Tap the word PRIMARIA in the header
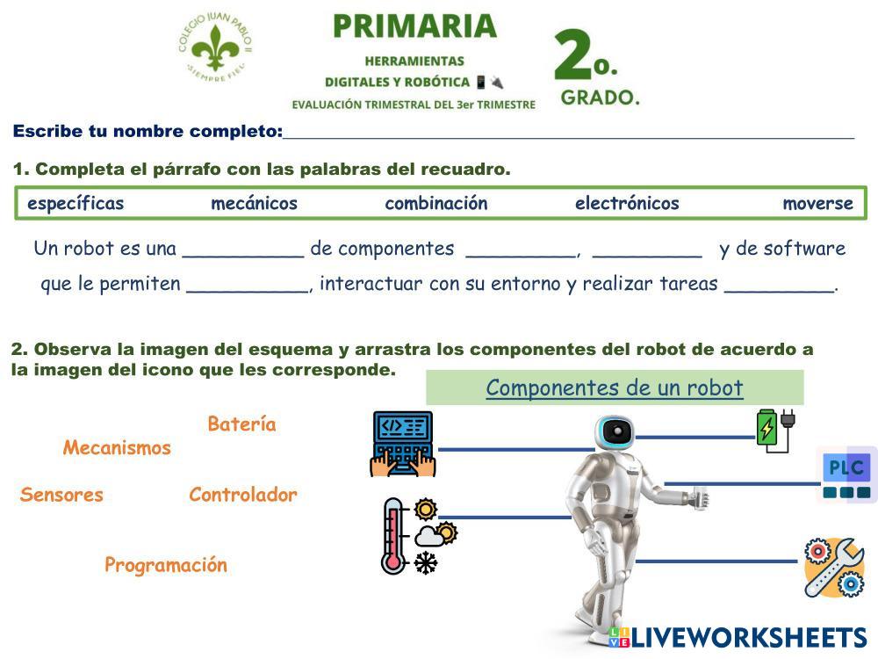tap(414, 26)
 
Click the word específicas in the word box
tap(76, 204)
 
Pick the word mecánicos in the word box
tap(254, 204)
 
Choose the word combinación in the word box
tap(435, 204)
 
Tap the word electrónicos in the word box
tap(627, 204)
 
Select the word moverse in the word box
tap(817, 204)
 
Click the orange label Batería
tap(241, 424)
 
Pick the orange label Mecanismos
tap(117, 448)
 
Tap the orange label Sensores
tap(61, 495)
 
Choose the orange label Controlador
tap(243, 495)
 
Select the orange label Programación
tap(166, 565)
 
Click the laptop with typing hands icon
tap(403, 444)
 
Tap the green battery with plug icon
tap(775, 430)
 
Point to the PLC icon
tap(846, 474)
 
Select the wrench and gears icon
tap(834, 567)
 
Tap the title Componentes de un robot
tap(615, 387)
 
